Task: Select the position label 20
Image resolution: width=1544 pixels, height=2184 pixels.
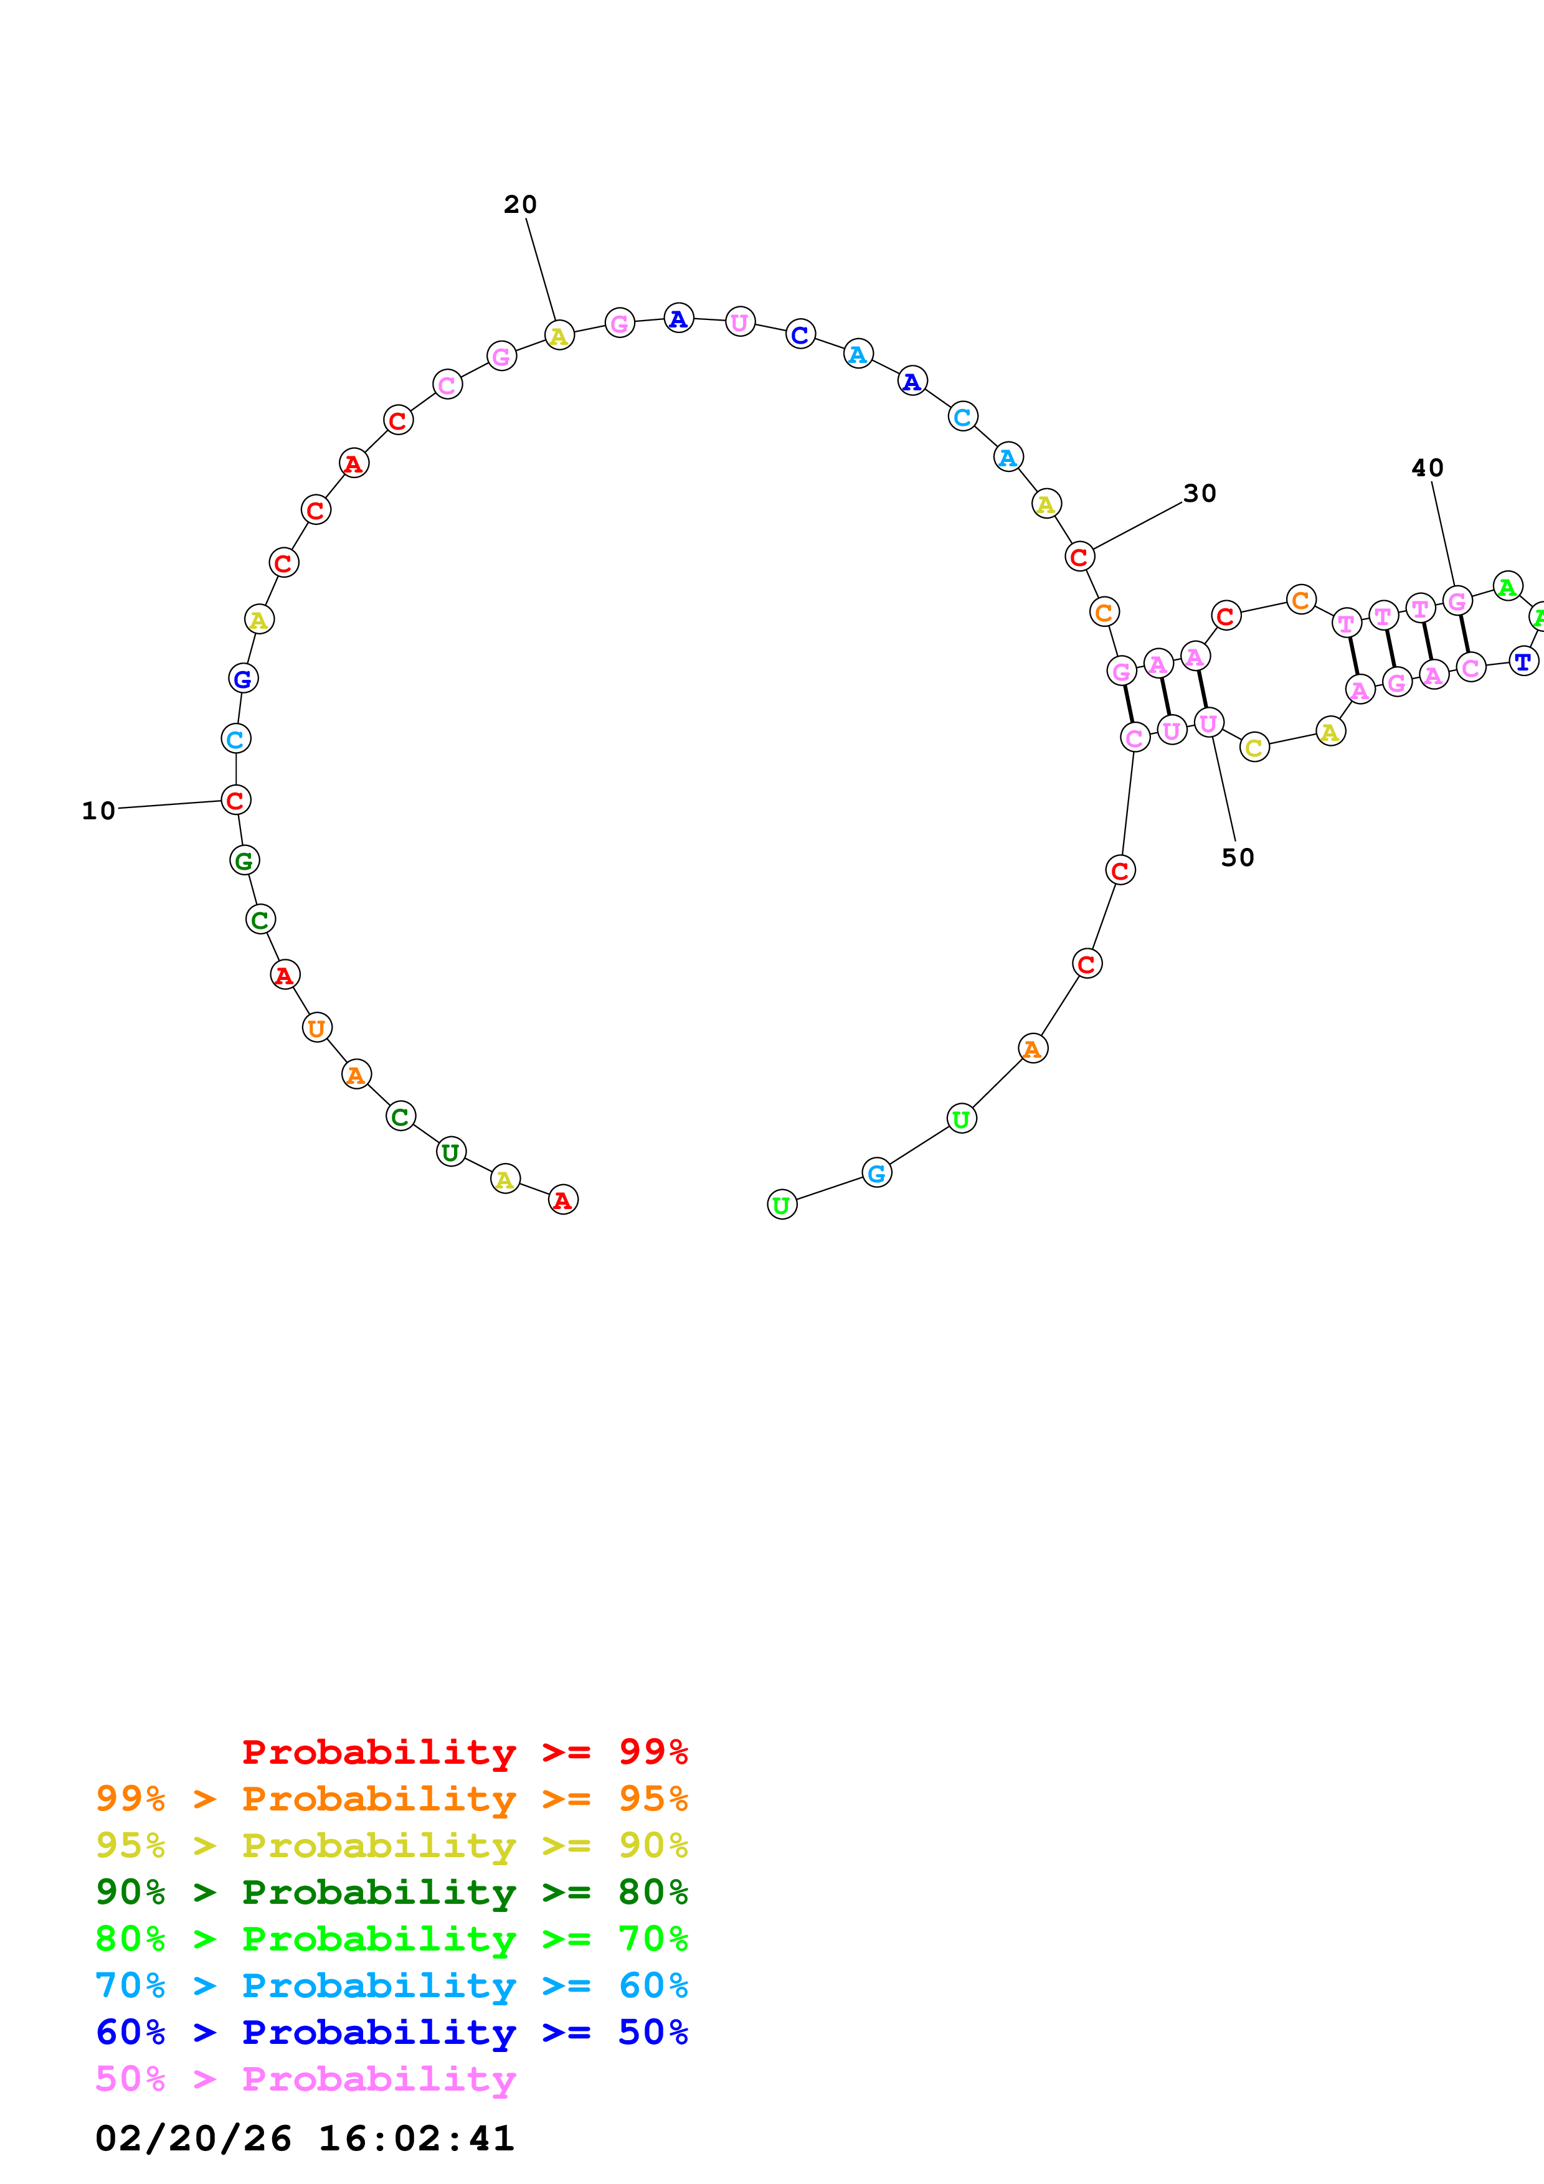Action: point(520,204)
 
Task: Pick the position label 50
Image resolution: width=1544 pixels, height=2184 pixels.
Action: point(1238,857)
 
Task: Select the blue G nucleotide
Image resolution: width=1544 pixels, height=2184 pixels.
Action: point(244,678)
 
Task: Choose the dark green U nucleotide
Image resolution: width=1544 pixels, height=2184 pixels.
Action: point(451,1152)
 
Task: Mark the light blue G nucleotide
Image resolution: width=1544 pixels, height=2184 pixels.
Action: point(876,1173)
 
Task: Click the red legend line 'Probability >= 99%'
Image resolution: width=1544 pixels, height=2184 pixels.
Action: point(464,1752)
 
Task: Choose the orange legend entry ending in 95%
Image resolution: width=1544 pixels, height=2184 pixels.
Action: point(391,1799)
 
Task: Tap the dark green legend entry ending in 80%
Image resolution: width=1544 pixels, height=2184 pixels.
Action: point(391,1892)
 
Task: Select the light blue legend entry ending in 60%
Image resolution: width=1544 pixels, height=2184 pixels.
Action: point(391,1985)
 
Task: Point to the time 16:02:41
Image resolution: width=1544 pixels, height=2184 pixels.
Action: point(415,2139)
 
